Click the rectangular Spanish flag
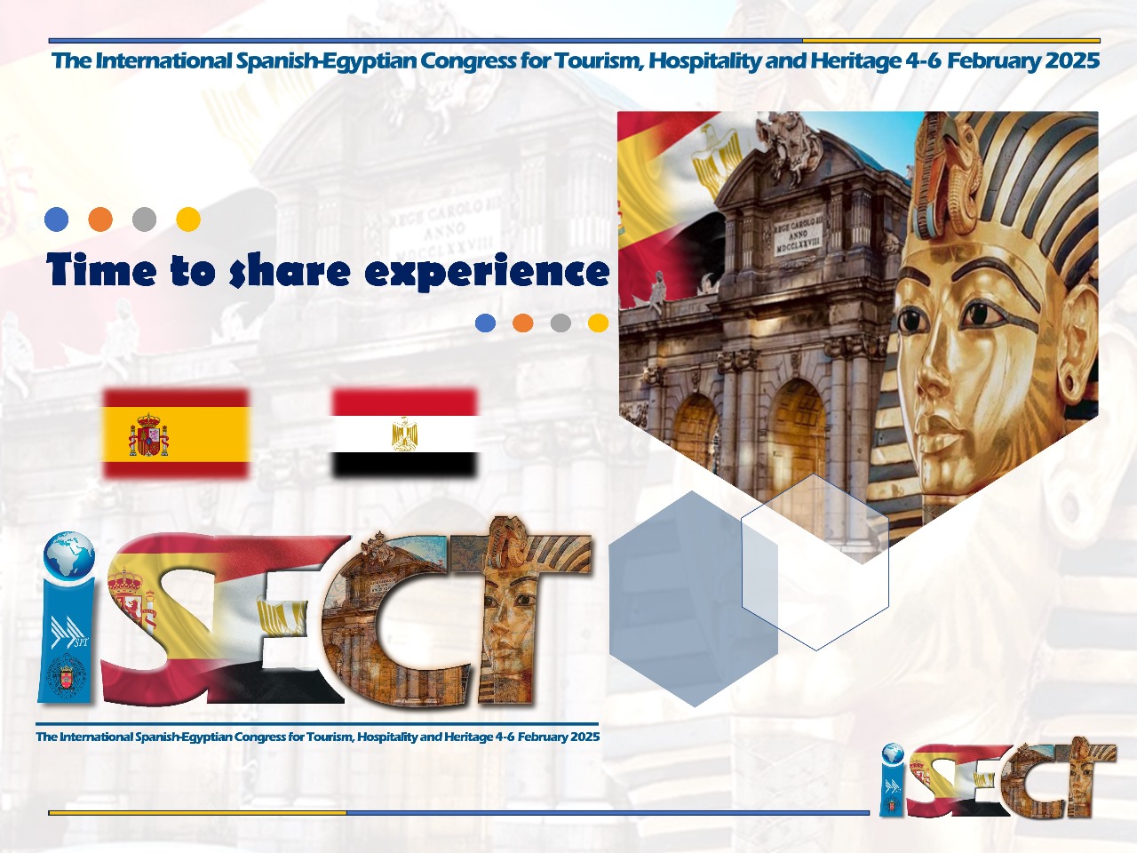pos(176,434)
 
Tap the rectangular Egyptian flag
pos(404,433)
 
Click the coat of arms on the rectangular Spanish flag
pos(148,434)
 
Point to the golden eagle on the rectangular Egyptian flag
pos(404,434)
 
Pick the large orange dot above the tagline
pos(100,219)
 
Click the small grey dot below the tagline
pos(561,323)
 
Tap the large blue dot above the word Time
pos(57,219)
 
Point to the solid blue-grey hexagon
pos(693,599)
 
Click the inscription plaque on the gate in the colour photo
pos(798,235)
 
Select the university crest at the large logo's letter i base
pos(65,676)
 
